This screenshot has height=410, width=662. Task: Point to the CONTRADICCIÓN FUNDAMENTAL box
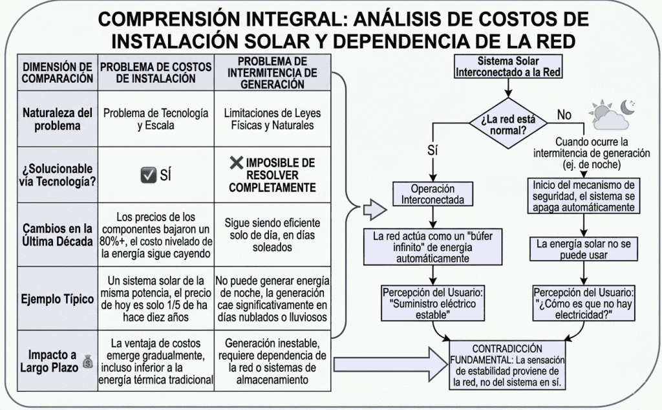pos(507,365)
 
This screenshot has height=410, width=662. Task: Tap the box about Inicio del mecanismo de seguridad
pos(584,195)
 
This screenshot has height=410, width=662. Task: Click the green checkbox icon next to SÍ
pos(148,174)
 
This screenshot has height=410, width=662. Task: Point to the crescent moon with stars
pos(627,105)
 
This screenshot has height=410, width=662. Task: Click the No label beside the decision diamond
pos(564,115)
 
